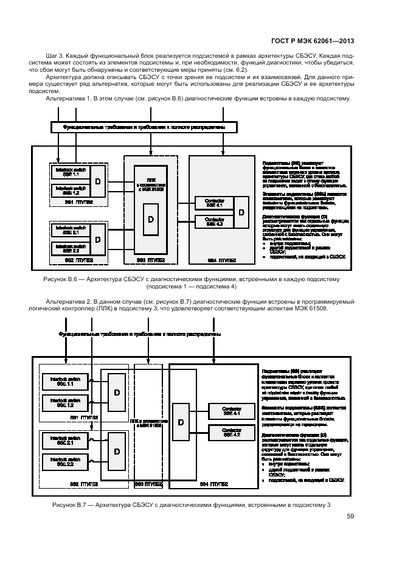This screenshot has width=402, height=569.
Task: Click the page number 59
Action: click(x=350, y=517)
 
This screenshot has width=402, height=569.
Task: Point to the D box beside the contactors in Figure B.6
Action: click(x=241, y=212)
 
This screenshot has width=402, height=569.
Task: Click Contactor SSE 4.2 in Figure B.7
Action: click(x=232, y=433)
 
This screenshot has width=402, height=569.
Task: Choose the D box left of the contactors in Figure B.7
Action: click(x=181, y=422)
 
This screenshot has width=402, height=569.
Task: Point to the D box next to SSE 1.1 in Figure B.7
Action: click(x=117, y=393)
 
